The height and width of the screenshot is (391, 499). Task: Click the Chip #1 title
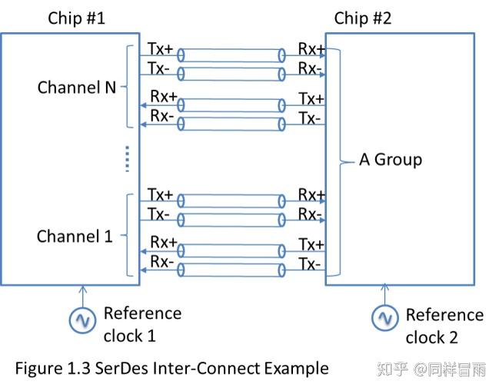coord(76,18)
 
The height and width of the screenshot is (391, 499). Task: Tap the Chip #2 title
coord(362,18)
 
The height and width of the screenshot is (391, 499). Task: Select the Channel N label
coord(77,87)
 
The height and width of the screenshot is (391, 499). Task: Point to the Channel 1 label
coord(75,236)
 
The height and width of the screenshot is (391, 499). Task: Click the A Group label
coord(391,160)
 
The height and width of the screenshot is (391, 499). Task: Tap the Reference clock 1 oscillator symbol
coord(82,320)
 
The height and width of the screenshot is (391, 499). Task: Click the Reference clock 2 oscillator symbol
coord(384,317)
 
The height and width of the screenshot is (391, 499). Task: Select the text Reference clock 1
coord(142,325)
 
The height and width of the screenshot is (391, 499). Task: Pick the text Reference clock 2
coord(444,326)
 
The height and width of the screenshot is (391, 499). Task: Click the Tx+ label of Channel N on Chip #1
coord(160,49)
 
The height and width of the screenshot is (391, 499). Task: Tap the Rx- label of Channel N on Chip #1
coord(162,116)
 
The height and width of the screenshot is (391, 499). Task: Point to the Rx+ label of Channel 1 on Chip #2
coord(311,195)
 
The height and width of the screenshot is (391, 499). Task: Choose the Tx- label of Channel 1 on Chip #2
coord(309,264)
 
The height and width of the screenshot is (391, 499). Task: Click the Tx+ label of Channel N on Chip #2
coord(311,99)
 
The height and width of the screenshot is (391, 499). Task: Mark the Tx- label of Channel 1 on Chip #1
coord(158,214)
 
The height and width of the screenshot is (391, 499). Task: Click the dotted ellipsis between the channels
coord(128,159)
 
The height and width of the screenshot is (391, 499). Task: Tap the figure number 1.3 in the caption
coord(78,369)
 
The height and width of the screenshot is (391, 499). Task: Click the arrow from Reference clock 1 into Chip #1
coord(83,297)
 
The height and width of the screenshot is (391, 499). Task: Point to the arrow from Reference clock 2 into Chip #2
coord(384,294)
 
